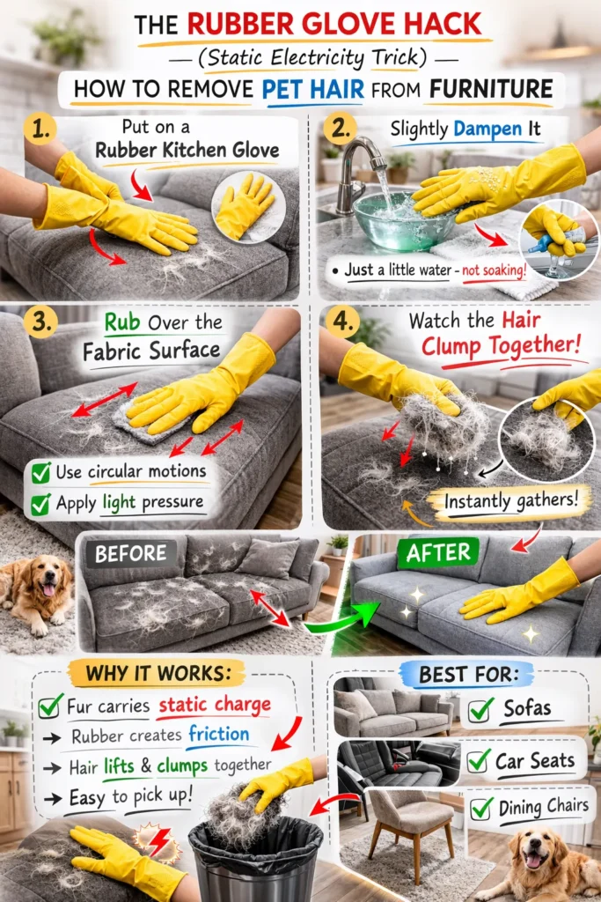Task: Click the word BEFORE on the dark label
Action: (x=130, y=554)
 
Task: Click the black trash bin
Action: (x=255, y=859)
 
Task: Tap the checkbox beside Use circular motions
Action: (x=40, y=472)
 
